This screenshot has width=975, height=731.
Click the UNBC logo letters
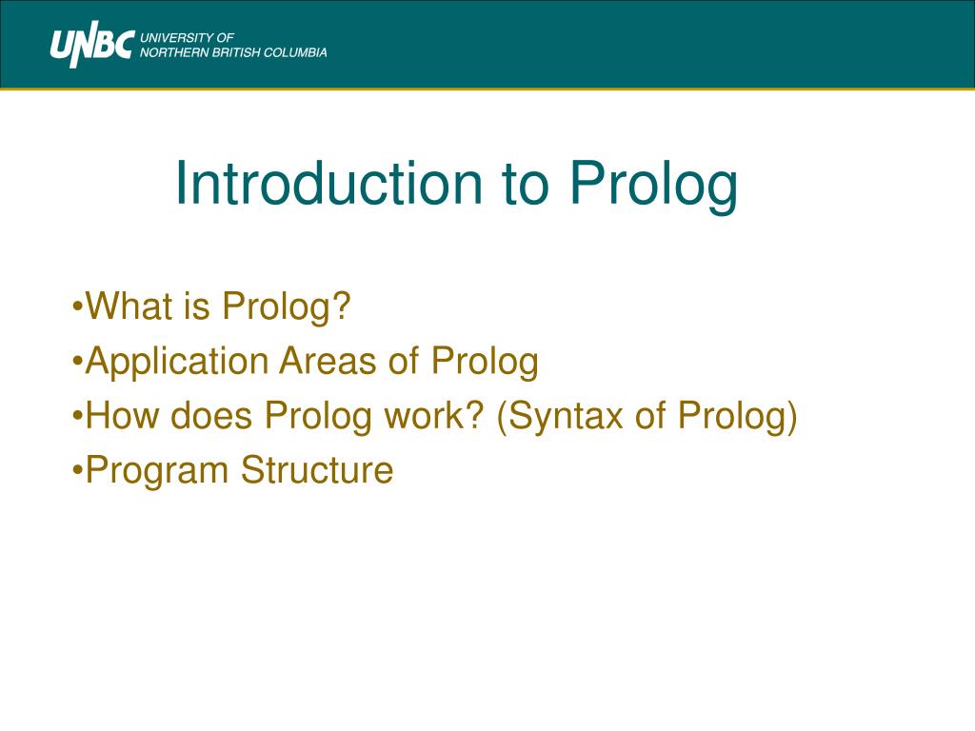(x=92, y=45)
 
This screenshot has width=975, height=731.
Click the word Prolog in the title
(x=653, y=188)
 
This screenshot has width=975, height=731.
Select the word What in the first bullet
(x=129, y=306)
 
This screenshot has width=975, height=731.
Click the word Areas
(x=328, y=361)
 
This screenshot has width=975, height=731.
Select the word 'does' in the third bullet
(x=210, y=415)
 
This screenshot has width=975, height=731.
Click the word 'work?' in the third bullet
(x=434, y=415)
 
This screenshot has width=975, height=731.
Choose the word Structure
(x=317, y=469)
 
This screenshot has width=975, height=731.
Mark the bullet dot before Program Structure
(x=77, y=470)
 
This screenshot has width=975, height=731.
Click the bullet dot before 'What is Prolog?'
(x=77, y=306)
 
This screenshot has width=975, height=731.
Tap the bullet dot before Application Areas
(x=77, y=361)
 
